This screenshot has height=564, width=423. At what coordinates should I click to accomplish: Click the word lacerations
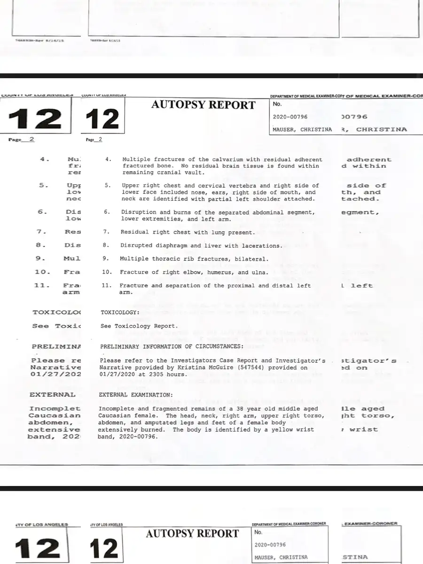click(262, 245)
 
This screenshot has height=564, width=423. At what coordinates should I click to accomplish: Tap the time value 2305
click(161, 374)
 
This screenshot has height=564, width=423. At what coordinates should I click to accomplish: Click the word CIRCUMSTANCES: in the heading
click(216, 346)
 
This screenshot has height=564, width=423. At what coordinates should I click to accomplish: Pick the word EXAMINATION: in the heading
click(152, 395)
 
